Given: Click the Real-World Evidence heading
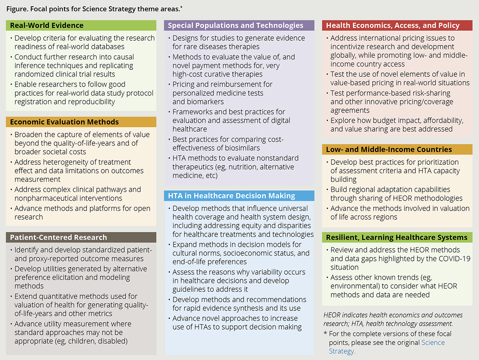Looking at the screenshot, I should coord(47,25).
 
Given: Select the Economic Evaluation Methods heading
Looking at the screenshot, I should coord(64,122).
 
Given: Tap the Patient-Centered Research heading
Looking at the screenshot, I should coord(59,237).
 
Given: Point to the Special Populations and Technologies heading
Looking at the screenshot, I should coord(236,25).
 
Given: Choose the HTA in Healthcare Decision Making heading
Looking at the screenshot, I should coord(232,196).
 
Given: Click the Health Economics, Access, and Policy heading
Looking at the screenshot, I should coord(393,25).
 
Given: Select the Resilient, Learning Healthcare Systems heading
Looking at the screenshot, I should coord(397,238).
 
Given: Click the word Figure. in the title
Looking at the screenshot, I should coord(17,7).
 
